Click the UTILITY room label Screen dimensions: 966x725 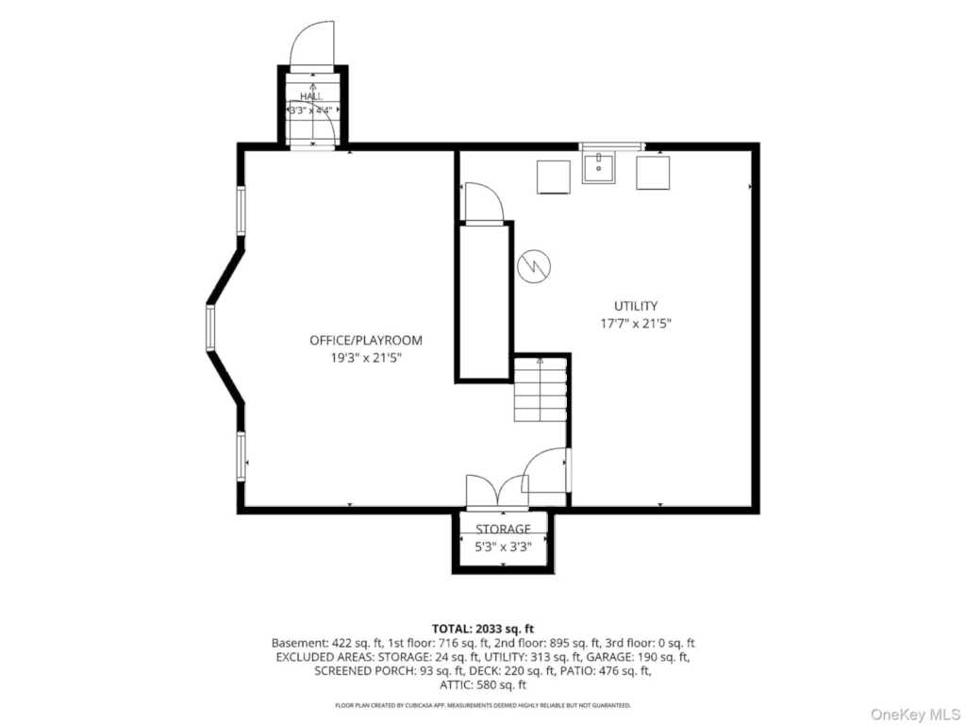coord(635,306)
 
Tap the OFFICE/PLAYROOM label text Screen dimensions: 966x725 coord(366,340)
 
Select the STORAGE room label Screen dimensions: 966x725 coord(503,529)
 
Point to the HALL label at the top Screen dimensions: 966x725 coord(311,96)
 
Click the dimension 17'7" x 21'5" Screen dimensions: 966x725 coord(635,323)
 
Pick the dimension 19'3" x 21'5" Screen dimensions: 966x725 coord(366,358)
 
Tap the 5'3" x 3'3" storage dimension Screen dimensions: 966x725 coord(503,547)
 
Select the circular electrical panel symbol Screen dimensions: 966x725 coord(534,266)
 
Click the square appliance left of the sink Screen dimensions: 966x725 coord(554,177)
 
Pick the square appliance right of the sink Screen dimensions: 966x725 coord(653,174)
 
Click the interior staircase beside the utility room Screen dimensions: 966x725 coord(541,390)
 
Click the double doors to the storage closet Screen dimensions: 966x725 coord(497,492)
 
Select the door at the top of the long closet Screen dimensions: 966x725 coord(484,202)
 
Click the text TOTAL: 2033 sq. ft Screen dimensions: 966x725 coord(483,629)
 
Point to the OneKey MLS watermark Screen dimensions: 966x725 coord(915,714)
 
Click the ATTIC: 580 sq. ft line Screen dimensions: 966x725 coord(483,685)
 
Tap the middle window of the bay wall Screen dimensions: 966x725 coord(210,328)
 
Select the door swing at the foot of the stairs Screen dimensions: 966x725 coord(545,470)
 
